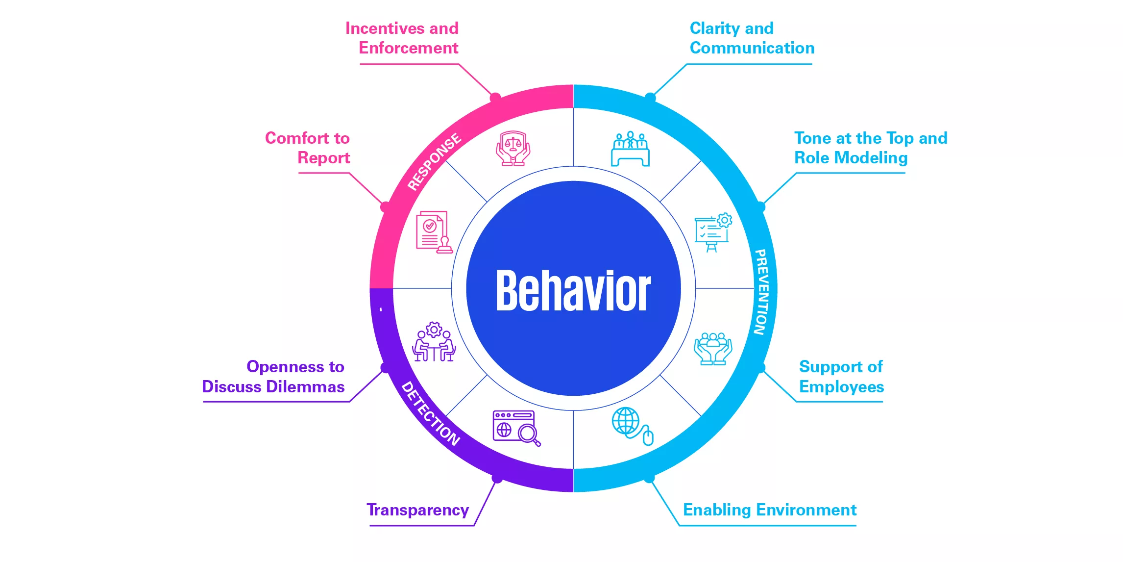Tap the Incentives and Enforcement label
[402, 38]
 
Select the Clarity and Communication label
[752, 38]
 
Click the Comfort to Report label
[308, 148]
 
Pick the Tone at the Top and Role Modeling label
[870, 148]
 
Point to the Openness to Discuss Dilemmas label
[274, 377]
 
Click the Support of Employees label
[841, 377]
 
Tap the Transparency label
[417, 510]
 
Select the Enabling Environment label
[769, 510]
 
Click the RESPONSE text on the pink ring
[434, 161]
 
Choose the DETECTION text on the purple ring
[431, 414]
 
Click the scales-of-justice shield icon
[513, 148]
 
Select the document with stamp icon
[434, 232]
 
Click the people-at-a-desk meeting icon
[630, 149]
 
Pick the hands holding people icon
[713, 349]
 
